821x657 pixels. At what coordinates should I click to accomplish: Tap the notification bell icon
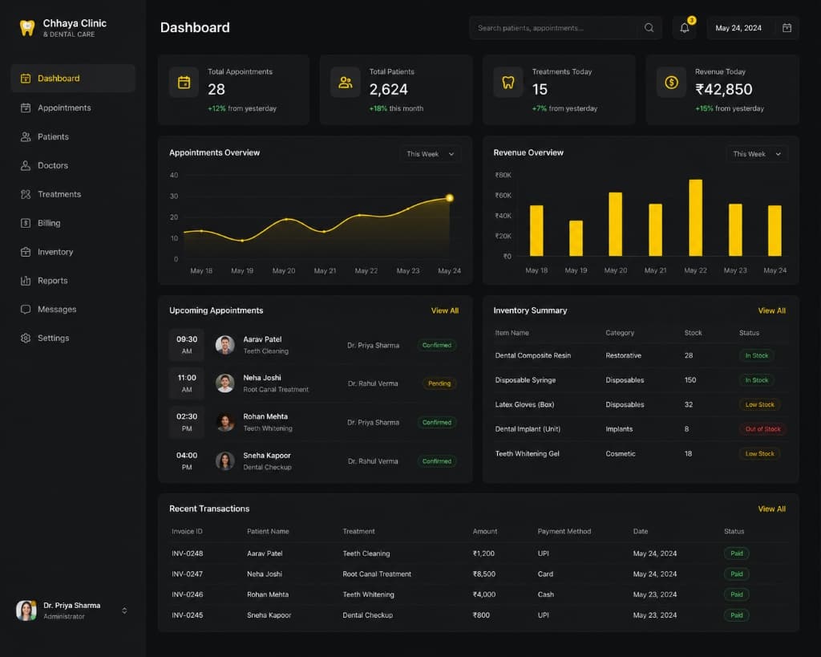685,28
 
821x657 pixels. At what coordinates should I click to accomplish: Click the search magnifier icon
649,28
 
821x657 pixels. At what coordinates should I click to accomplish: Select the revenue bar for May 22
695,217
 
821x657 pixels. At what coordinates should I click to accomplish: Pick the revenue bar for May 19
576,238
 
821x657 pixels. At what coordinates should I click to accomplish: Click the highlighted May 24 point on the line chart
449,198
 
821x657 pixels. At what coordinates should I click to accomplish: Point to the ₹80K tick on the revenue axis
504,175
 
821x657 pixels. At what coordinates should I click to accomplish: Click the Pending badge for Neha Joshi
439,383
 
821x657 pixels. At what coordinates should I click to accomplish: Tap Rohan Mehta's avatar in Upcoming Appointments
225,422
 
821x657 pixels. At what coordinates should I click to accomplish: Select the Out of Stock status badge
763,429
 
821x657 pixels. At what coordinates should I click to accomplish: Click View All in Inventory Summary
772,310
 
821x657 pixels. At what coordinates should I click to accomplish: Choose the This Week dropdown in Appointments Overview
430,154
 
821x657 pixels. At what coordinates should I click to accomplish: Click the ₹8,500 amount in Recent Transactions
483,574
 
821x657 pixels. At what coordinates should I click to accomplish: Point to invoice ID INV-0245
187,615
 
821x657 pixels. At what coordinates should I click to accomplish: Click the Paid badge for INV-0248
736,554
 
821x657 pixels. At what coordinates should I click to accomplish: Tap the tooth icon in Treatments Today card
508,83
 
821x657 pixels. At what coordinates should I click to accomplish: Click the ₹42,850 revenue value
724,90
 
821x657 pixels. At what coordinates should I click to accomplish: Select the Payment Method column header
564,531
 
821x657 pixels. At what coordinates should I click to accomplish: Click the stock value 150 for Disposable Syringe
690,380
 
